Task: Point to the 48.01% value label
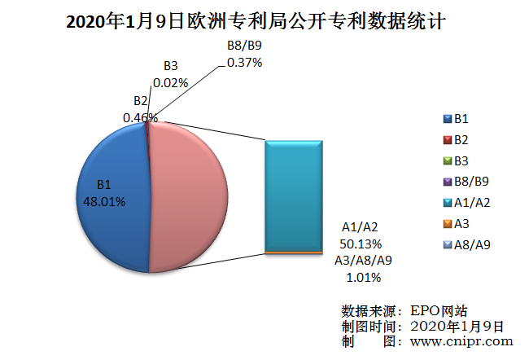pyautogui.click(x=105, y=201)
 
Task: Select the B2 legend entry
pyautogui.click(x=460, y=139)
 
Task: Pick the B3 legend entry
pyautogui.click(x=460, y=160)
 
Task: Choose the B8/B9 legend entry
pyautogui.click(x=469, y=182)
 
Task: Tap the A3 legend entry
pyautogui.click(x=460, y=223)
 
